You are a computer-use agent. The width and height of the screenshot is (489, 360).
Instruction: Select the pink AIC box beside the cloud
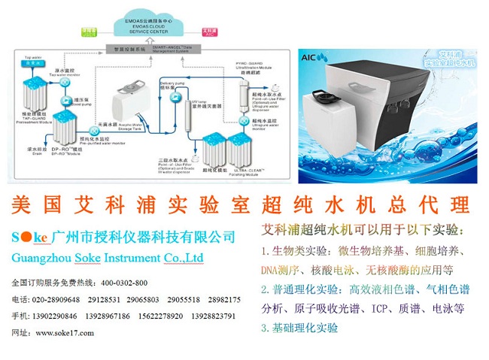(211, 33)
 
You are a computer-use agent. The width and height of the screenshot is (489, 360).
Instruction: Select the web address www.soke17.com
(63, 332)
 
